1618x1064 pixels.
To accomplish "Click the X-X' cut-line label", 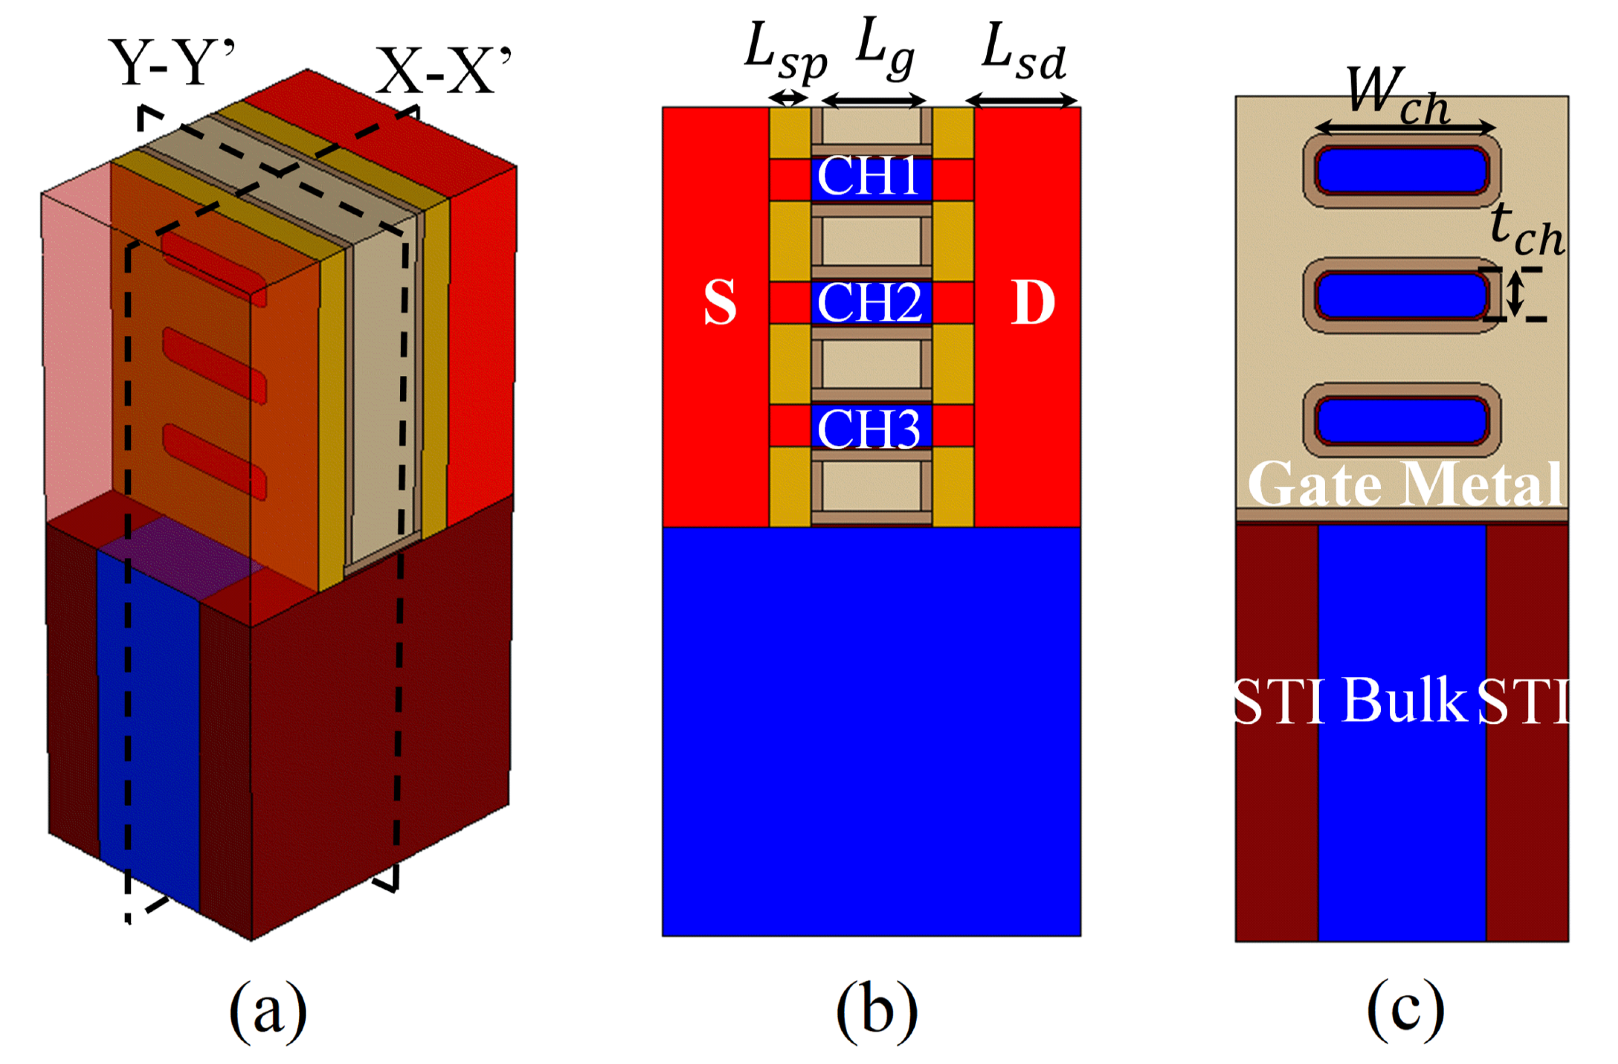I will click(443, 71).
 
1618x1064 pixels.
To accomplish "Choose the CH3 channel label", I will click(869, 428).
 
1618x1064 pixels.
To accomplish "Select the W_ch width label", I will click(1398, 95).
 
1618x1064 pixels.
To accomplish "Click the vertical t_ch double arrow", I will click(1515, 293).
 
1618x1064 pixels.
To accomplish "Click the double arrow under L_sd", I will click(1022, 101).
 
